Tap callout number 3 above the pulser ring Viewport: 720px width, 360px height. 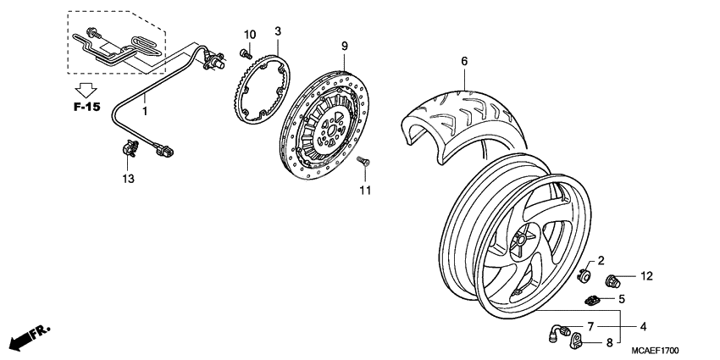coord(277,31)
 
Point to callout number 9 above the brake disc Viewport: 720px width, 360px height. coord(345,45)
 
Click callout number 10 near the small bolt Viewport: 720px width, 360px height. coord(249,34)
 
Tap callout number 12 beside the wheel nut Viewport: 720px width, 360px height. coord(646,276)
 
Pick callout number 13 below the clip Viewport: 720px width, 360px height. coord(128,179)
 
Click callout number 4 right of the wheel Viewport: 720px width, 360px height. coord(643,325)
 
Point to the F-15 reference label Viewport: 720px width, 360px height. coord(86,108)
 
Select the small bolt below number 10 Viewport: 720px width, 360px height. coord(246,53)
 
